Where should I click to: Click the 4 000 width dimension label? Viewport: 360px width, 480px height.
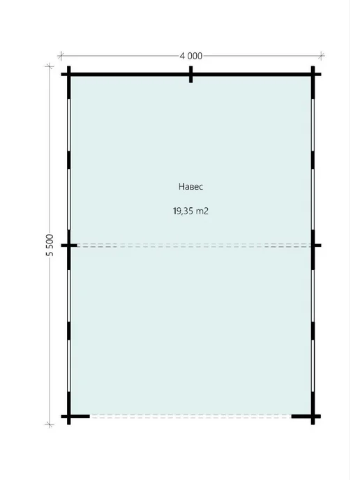(x=191, y=56)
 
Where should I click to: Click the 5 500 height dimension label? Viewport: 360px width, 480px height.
(x=50, y=245)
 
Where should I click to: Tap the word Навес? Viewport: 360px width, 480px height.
(x=190, y=186)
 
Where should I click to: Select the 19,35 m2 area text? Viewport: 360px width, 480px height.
(x=190, y=211)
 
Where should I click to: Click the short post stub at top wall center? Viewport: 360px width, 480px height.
(x=190, y=75)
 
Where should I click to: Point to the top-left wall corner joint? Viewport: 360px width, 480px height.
(x=69, y=75)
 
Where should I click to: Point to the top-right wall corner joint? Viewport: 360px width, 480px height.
(x=313, y=75)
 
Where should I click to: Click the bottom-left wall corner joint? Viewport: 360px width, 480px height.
(x=69, y=417)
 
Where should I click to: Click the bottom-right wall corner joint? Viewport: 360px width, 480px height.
(x=313, y=417)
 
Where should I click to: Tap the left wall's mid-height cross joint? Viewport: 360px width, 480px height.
(x=69, y=245)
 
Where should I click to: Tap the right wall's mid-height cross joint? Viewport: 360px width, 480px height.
(x=313, y=245)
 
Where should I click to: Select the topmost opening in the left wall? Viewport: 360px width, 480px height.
(x=69, y=125)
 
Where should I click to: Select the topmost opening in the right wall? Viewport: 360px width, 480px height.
(x=313, y=125)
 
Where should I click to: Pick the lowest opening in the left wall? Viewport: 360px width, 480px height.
(x=69, y=366)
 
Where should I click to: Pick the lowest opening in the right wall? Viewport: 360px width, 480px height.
(x=313, y=366)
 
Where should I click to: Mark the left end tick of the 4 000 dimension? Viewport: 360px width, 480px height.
(x=61, y=56)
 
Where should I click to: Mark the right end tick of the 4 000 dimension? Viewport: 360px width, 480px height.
(x=321, y=56)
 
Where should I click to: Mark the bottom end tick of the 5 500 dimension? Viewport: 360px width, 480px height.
(x=50, y=425)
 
